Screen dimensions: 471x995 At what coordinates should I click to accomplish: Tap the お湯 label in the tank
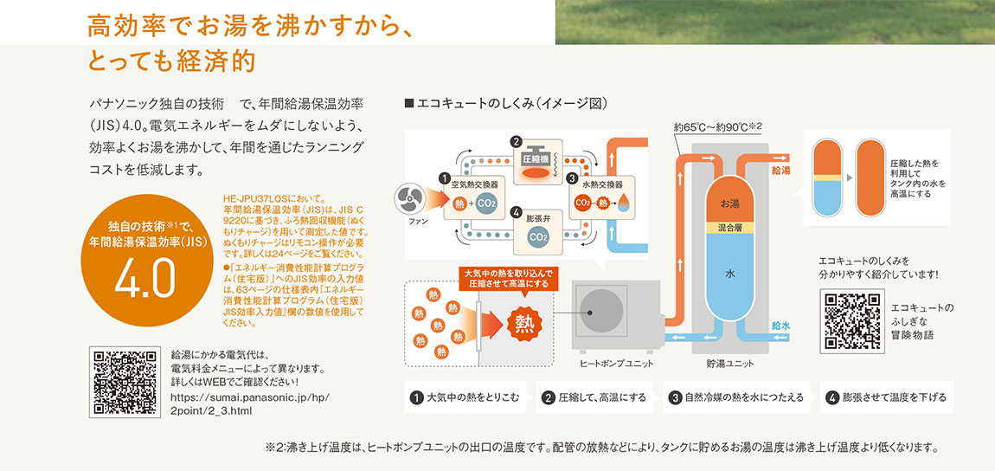729,203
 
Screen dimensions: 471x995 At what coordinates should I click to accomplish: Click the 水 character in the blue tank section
729,274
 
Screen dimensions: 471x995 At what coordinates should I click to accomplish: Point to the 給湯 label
780,171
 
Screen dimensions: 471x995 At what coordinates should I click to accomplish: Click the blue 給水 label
780,326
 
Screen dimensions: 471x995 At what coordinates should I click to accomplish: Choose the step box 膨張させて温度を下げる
884,398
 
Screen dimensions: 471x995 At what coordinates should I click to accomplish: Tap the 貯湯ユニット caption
729,364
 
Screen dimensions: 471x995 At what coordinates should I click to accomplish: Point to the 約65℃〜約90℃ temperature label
717,128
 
